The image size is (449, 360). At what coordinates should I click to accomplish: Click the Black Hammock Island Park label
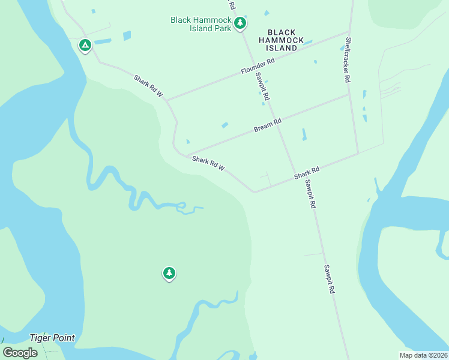click(x=201, y=24)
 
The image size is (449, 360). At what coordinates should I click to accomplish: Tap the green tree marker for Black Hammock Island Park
click(x=240, y=23)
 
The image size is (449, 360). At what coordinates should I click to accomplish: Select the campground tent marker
click(x=85, y=45)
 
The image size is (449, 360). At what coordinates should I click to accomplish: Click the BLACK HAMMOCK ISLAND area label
click(x=282, y=40)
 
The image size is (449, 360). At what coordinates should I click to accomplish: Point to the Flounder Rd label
click(x=258, y=66)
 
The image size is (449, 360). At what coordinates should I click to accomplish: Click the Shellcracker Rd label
click(x=347, y=60)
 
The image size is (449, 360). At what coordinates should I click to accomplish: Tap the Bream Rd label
click(x=268, y=125)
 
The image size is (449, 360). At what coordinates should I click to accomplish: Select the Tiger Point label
click(x=53, y=338)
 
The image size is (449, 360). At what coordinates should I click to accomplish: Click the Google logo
click(x=20, y=353)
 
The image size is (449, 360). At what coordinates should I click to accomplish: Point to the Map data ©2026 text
click(x=423, y=355)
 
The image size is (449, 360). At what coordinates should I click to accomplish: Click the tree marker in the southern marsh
click(x=169, y=274)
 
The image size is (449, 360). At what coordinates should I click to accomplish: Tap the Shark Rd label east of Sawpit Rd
click(x=306, y=173)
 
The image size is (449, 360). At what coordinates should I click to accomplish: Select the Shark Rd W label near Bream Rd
click(x=208, y=163)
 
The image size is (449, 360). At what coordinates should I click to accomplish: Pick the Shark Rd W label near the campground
click(x=148, y=85)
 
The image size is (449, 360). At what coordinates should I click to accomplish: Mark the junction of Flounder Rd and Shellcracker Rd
click(x=349, y=32)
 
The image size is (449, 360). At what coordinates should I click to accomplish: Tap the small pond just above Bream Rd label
click(x=224, y=125)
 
